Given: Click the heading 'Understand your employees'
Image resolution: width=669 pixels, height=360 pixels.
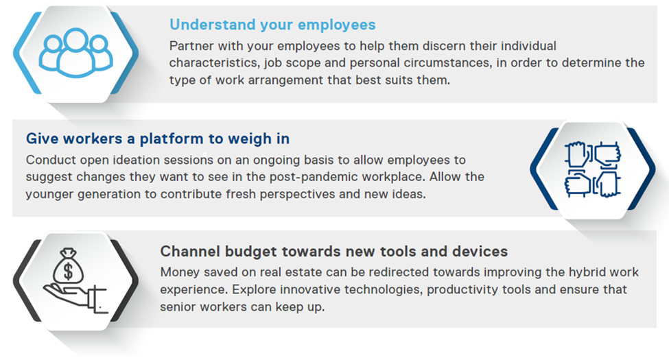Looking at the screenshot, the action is click(272, 25).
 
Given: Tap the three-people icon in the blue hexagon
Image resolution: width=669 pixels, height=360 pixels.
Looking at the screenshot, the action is click(76, 53).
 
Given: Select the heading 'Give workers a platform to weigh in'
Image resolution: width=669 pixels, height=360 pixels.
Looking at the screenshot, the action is click(158, 139).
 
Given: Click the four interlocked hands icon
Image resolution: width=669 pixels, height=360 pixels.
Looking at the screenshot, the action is click(593, 169).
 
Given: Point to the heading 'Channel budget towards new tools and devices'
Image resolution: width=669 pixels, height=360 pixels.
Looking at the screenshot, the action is click(334, 251).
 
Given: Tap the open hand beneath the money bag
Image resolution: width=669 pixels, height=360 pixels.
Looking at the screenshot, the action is click(75, 298).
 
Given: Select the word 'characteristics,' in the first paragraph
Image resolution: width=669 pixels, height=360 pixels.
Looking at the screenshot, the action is click(214, 62).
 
